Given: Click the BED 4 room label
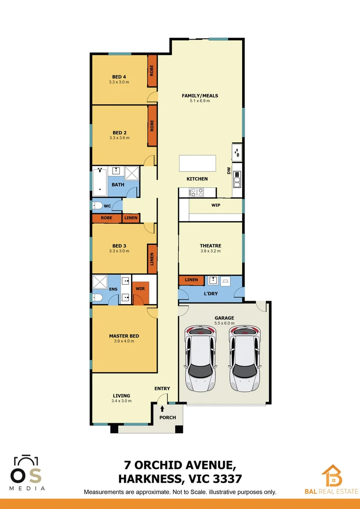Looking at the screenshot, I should (x=119, y=77).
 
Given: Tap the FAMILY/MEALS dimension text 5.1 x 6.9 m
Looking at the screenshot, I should (x=200, y=101).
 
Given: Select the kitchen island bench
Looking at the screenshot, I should (x=197, y=164).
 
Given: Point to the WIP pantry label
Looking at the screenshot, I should (x=216, y=205).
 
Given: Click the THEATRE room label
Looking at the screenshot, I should (x=210, y=246).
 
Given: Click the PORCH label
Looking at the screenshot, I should (x=167, y=418).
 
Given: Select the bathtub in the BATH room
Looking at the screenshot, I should (x=100, y=181).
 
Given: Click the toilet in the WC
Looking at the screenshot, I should (x=98, y=206).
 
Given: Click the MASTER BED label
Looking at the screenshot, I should (x=124, y=336).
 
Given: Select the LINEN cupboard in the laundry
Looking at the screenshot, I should (x=191, y=280).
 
